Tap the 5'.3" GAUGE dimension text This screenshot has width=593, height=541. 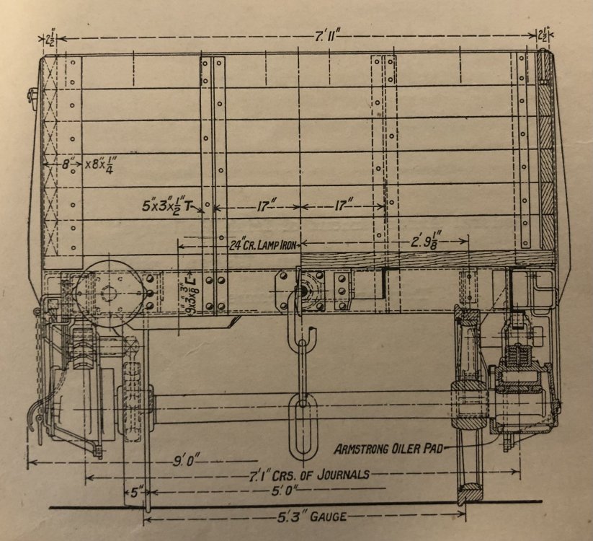[x=306, y=516]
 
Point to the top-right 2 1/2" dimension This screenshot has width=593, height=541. [x=544, y=35]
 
